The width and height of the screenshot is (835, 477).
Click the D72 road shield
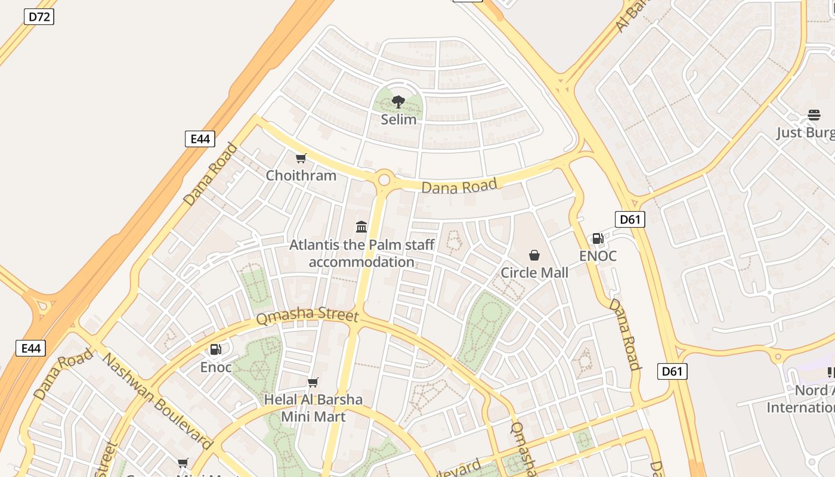coord(39,17)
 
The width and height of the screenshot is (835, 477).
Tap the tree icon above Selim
coord(398,102)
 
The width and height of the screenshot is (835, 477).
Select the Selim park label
coord(398,119)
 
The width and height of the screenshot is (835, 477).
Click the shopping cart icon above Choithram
coord(301,158)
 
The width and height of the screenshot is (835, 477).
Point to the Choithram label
coord(301,175)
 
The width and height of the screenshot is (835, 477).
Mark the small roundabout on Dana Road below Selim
coord(384,179)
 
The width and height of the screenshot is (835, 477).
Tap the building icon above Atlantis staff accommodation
coord(361,227)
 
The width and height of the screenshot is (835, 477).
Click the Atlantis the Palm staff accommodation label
coord(361,253)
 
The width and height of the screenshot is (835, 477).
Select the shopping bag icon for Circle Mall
coord(534,255)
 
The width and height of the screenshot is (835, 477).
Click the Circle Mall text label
coord(534,272)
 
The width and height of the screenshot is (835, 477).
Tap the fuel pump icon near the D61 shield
coord(598,238)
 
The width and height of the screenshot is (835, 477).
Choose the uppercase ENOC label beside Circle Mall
coord(598,256)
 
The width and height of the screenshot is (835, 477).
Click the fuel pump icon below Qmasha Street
coord(216,349)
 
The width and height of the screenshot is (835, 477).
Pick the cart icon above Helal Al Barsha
coord(313,382)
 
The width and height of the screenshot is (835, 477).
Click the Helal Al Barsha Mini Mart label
coord(313,408)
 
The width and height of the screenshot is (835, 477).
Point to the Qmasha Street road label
coord(307,315)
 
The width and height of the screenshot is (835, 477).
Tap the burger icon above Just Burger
coord(814,114)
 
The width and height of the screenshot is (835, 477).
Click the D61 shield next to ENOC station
coord(630,219)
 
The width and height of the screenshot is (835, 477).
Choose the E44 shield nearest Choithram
coord(199,139)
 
